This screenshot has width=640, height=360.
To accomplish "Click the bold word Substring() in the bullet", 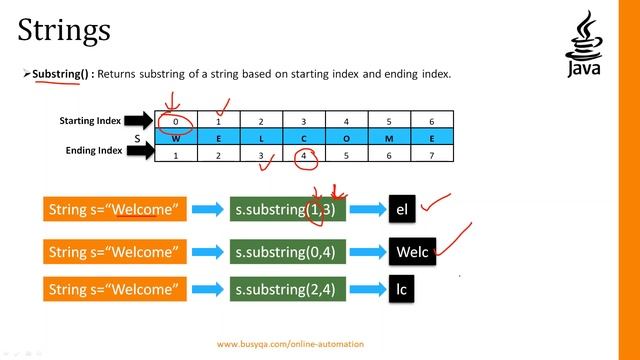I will (60, 74).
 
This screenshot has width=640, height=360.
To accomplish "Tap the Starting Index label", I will (90, 121).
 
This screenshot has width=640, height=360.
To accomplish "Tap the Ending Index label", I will (91, 151).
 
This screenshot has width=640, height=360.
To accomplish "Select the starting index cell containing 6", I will (431, 122).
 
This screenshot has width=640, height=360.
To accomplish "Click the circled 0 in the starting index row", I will (175, 122).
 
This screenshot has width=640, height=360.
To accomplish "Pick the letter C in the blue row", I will (303, 138).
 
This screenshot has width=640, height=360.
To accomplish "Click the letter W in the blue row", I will (176, 138).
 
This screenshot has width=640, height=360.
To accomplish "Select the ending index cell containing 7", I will (431, 155).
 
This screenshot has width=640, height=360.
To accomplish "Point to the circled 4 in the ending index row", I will (304, 155).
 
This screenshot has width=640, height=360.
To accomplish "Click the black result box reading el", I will (402, 210).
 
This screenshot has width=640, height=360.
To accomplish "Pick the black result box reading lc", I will (402, 290).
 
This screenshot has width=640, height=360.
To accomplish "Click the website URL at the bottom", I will (290, 343).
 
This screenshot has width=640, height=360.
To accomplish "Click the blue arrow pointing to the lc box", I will (367, 291).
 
